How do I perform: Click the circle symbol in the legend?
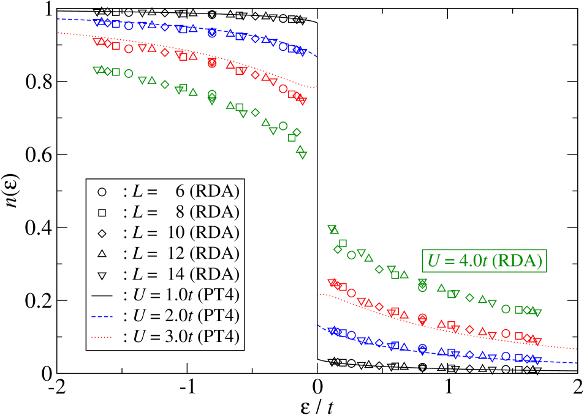102,192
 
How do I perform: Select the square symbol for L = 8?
102,213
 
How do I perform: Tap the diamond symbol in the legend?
102,234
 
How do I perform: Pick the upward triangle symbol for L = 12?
102,254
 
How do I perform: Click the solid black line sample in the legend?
102,295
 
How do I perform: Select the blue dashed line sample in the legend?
102,316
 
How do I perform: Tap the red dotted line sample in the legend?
102,337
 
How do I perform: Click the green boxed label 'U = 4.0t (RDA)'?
484,261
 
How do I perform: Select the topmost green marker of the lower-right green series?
333,229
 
